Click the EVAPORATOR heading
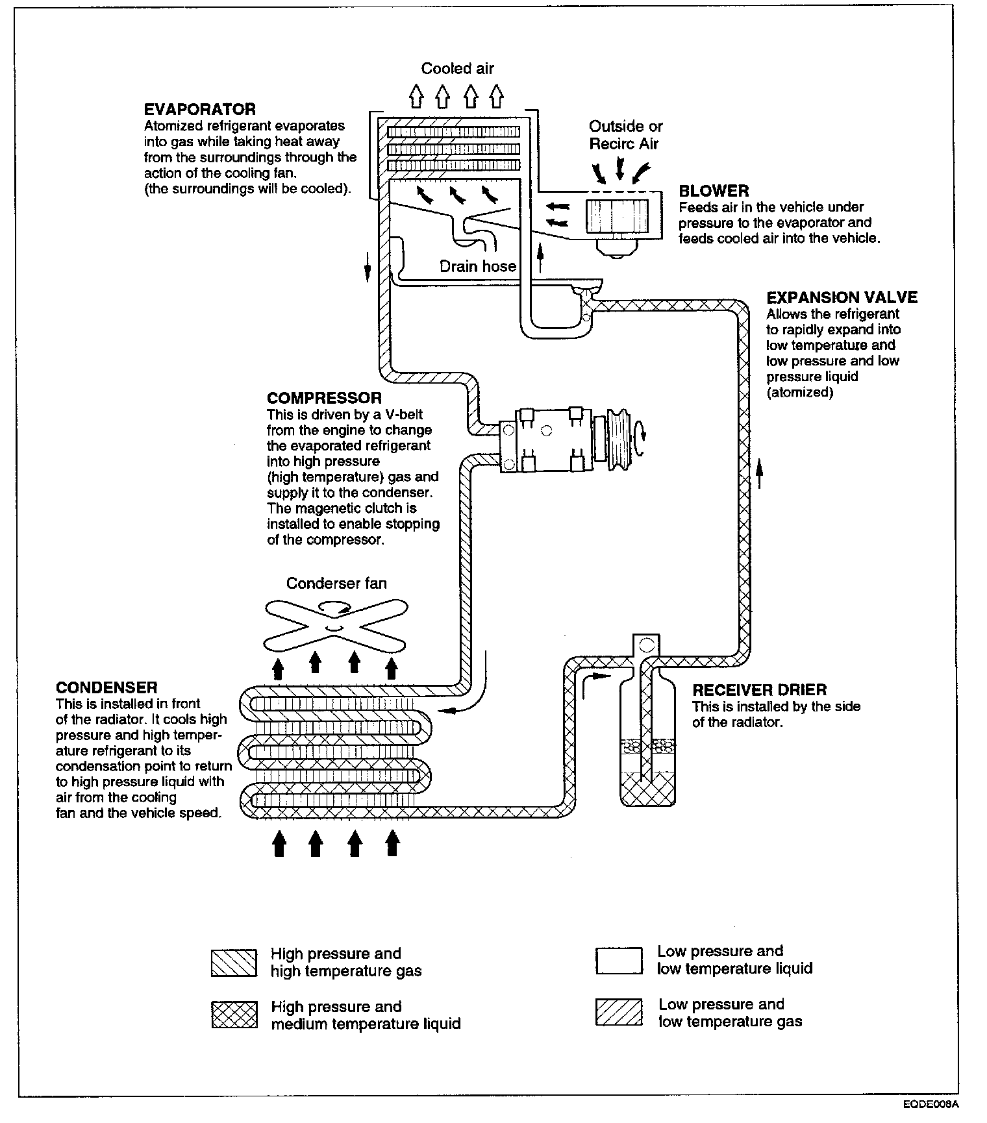pyautogui.click(x=199, y=109)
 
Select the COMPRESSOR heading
pyautogui.click(x=324, y=398)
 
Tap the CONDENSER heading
pyautogui.click(x=106, y=687)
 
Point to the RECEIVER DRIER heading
pyautogui.click(x=759, y=690)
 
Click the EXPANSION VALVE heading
pyautogui.click(x=842, y=298)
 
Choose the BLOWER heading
pyautogui.click(x=714, y=191)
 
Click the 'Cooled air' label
pyautogui.click(x=457, y=69)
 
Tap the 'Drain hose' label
pyautogui.click(x=477, y=266)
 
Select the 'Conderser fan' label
pyautogui.click(x=336, y=584)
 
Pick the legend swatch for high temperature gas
pyautogui.click(x=234, y=963)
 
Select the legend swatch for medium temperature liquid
pyautogui.click(x=234, y=1015)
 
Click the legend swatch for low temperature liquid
pyautogui.click(x=618, y=961)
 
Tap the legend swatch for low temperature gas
pyautogui.click(x=618, y=1013)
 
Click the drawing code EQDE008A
pyautogui.click(x=929, y=1104)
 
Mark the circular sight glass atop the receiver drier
pyautogui.click(x=645, y=645)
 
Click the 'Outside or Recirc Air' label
pyautogui.click(x=625, y=135)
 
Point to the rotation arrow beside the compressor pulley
pyautogui.click(x=642, y=432)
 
